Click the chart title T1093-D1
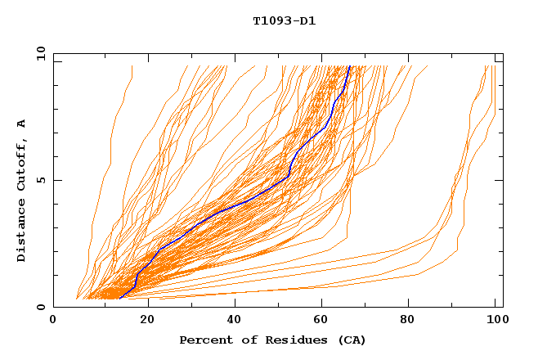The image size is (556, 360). pos(284,21)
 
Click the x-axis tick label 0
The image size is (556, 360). pos(53,322)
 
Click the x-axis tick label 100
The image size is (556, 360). pos(493,322)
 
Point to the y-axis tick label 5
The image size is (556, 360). pos(40,180)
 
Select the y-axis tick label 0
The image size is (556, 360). pos(40,307)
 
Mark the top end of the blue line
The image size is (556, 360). pos(350,65)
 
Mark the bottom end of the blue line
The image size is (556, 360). pos(119,299)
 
